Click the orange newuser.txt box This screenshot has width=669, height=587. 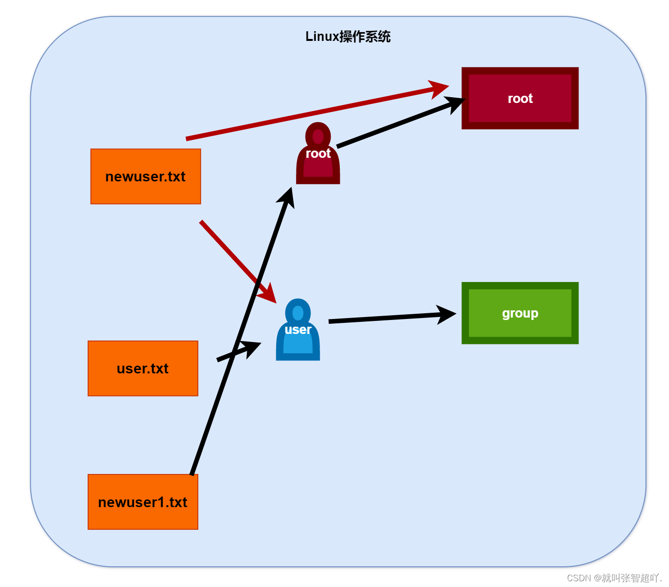coord(145,177)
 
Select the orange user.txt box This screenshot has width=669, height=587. coord(142,369)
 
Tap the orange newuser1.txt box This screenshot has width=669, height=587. coord(142,502)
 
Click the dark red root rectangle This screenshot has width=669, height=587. coord(520,98)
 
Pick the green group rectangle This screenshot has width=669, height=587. coord(520,313)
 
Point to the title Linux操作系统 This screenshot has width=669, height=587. coord(348,37)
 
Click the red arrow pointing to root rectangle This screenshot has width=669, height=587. coord(313,114)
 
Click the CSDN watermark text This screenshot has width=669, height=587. coord(614,578)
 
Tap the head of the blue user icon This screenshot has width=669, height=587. coord(298,312)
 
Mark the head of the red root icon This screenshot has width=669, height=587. coord(318,136)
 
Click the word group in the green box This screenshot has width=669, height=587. coord(520,313)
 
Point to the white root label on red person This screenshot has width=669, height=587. coord(318,153)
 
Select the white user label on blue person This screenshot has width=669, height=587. coord(298,330)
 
